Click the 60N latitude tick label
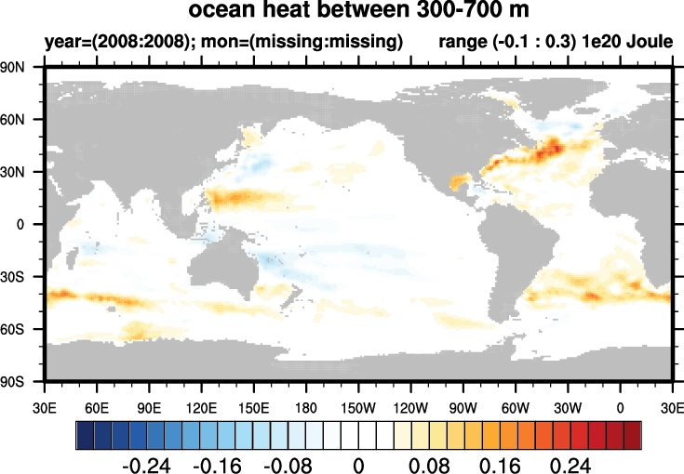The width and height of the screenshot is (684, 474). pos(12,119)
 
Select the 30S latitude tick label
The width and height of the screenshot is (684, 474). pos(12,277)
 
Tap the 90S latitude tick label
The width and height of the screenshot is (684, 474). pos(12,382)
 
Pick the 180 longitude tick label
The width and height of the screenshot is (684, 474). pos(306,408)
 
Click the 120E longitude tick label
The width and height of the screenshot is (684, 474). pos(201,408)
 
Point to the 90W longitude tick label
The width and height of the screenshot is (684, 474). pos(463,408)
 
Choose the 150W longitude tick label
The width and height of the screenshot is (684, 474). pos(358,408)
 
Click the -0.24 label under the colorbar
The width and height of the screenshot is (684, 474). pos(146,467)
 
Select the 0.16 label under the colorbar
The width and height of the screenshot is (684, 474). pos(500,467)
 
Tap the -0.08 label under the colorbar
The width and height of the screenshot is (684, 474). pos(288,467)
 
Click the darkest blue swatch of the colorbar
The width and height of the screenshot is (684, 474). pos(85,435)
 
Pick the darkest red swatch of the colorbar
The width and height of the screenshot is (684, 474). pos(633,435)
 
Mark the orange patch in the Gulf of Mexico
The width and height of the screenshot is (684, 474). pos(460,180)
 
